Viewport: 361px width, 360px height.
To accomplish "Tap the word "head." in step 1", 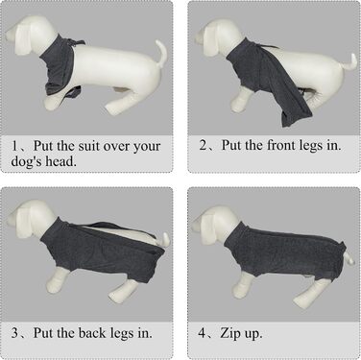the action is click(x=60, y=161).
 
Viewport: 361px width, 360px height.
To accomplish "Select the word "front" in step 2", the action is click(x=281, y=146).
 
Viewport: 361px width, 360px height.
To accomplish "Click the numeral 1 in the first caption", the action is click(x=14, y=147).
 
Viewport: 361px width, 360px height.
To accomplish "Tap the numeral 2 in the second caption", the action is click(x=203, y=146).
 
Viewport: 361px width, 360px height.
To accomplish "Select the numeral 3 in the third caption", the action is click(x=15, y=333).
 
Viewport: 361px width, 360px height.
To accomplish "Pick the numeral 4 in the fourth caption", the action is click(x=203, y=333).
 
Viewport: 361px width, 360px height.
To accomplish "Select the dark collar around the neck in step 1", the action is click(x=60, y=65).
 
